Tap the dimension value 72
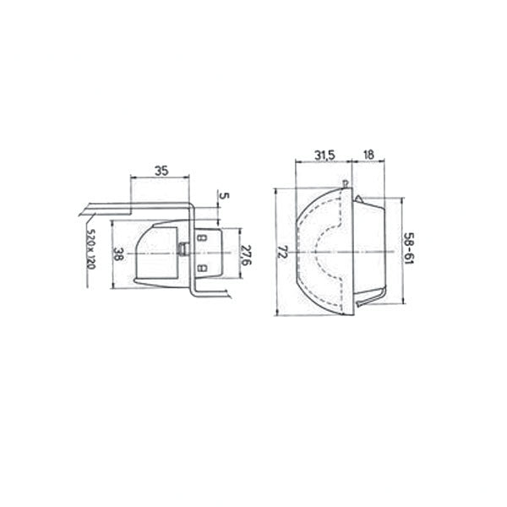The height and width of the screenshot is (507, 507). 284,252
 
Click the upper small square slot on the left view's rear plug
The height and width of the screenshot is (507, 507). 202,238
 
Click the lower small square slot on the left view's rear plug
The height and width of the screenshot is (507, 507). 202,269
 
